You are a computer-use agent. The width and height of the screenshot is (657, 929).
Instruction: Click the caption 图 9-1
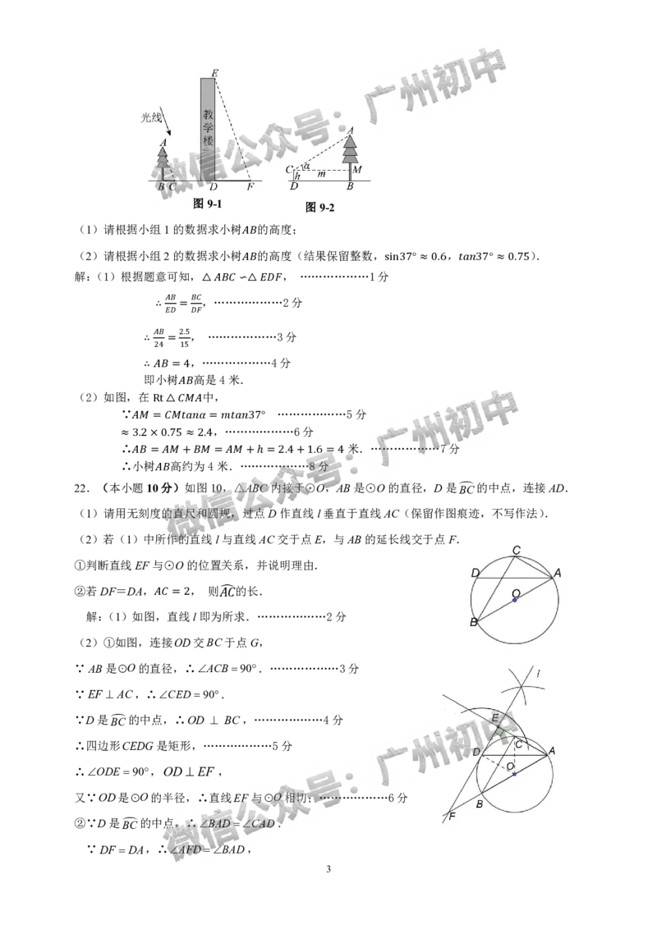(x=207, y=204)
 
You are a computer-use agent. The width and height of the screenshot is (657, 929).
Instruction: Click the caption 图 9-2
(x=319, y=208)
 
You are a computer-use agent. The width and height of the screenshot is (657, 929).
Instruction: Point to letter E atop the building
(x=214, y=74)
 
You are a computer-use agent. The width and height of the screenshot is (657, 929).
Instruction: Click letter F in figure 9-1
(x=250, y=187)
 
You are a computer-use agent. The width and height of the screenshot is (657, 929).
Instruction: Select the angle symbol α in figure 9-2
(x=306, y=165)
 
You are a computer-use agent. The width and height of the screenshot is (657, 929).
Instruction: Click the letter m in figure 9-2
(x=321, y=174)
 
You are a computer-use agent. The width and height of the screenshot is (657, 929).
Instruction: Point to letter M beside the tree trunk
(x=357, y=170)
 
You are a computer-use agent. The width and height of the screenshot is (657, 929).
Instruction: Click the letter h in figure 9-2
(x=297, y=176)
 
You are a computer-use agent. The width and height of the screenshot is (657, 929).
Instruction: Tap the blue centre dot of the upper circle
(x=515, y=600)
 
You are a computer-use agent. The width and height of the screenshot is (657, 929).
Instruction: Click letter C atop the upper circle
(x=516, y=550)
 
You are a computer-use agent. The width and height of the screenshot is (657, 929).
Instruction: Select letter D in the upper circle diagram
(x=475, y=573)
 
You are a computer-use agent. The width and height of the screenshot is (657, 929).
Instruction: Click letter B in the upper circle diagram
(x=473, y=623)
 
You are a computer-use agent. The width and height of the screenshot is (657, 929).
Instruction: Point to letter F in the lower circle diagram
(x=452, y=817)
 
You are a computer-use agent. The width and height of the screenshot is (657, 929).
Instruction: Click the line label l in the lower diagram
(x=538, y=674)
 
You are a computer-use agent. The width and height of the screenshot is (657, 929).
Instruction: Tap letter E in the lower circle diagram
(x=495, y=717)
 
